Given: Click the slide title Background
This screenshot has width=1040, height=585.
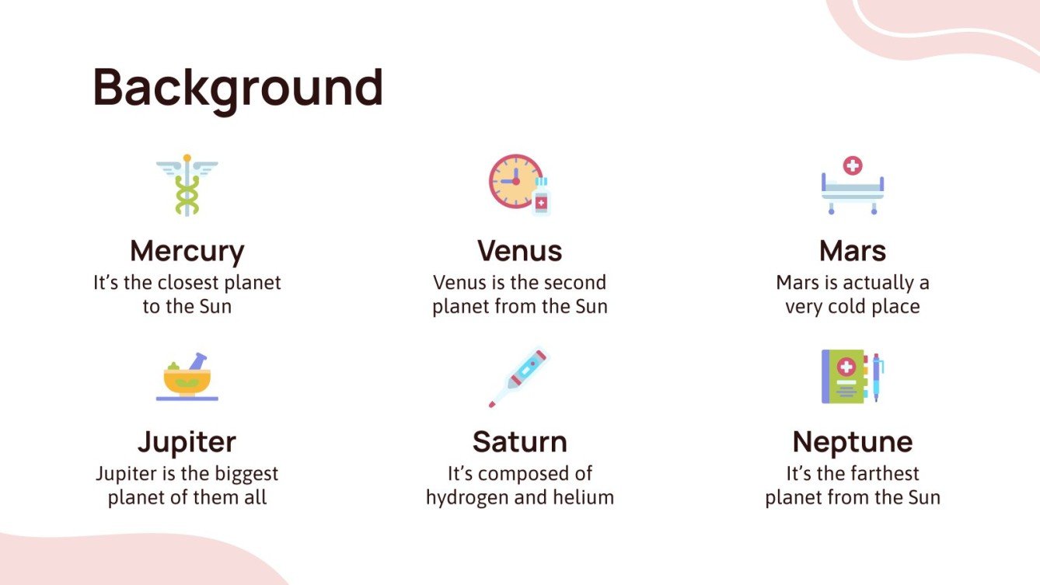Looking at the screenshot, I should click(238, 88).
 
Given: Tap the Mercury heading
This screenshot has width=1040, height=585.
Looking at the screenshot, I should click(187, 251).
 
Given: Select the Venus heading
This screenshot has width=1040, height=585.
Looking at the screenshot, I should click(519, 251).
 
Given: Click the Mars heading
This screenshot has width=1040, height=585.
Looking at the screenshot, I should click(852, 251).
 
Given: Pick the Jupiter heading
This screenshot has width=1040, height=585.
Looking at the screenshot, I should click(187, 442).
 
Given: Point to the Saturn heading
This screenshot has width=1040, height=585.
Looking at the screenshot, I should click(519, 442).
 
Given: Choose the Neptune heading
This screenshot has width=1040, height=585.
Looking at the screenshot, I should click(852, 442).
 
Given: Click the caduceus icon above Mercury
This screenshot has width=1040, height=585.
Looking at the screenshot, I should click(187, 185).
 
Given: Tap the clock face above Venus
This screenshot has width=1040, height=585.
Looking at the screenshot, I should click(514, 181).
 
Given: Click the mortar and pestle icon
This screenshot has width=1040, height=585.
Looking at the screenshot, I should click(187, 378).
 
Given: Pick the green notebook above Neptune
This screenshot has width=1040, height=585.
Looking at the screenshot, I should click(844, 376).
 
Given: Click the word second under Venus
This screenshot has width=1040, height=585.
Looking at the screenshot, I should click(574, 283).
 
